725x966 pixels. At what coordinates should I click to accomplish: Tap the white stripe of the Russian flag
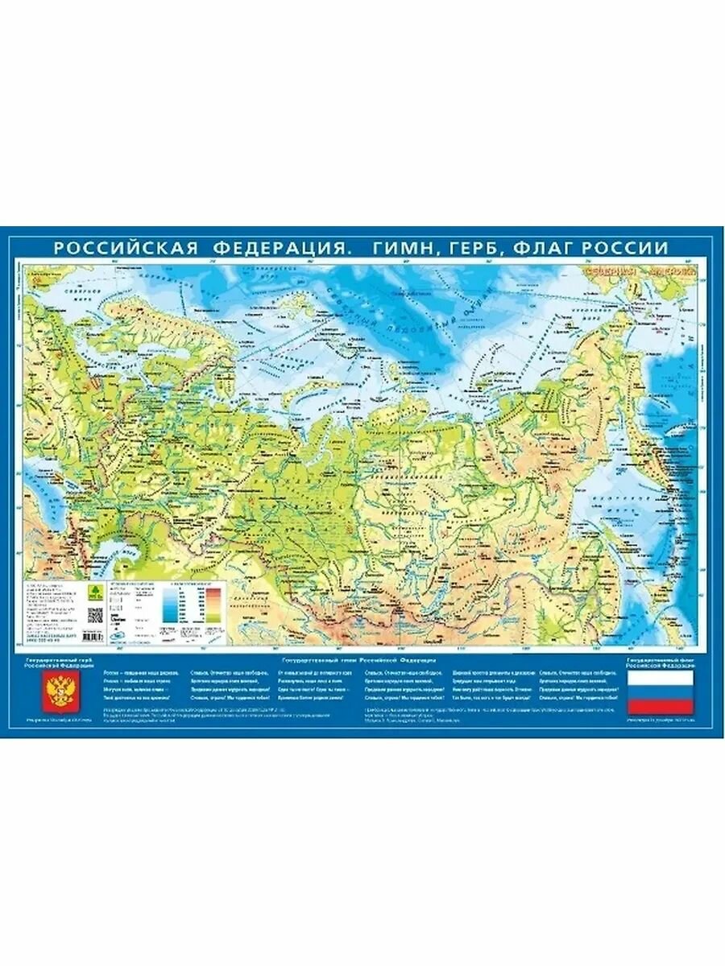pos(660,679)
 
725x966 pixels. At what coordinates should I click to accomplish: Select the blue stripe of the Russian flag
pos(660,692)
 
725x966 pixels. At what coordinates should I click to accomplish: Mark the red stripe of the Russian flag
pos(660,706)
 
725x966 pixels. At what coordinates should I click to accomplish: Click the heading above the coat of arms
pos(57,663)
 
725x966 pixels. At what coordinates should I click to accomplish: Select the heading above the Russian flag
pos(660,663)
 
